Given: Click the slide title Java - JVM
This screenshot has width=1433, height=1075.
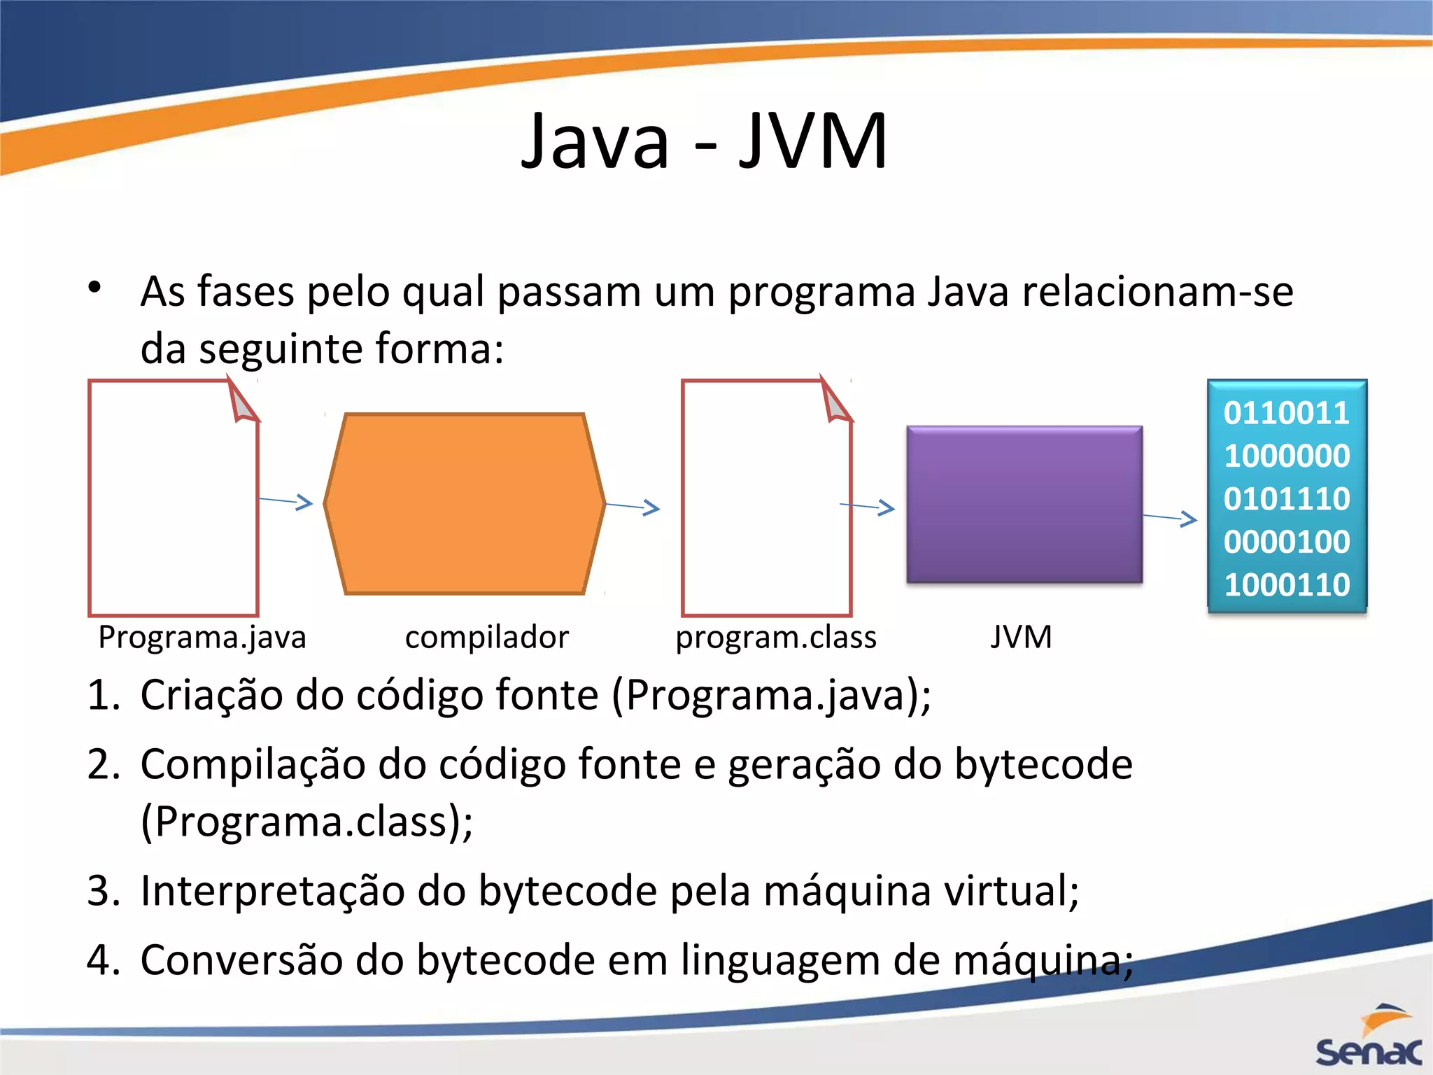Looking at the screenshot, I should pos(704,141).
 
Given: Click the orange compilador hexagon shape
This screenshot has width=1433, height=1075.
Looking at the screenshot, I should pos(464,504).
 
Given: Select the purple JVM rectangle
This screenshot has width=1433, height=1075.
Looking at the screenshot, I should pos(1024,504).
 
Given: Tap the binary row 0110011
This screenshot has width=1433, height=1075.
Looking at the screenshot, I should pos(1286,413).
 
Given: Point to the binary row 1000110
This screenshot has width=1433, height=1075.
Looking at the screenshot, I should pos(1286,584).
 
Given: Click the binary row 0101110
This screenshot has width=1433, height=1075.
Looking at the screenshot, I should pos(1286,499).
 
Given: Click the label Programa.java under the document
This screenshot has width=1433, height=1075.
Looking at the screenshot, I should pos(202,638).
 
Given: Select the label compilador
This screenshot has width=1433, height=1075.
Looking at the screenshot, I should pos(487,638).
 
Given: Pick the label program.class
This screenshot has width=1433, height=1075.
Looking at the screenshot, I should pos(775,638).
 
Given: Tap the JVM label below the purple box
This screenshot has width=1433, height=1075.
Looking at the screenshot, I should pos(1021,638).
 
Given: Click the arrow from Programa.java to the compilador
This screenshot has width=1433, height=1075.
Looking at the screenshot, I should pos(285,501).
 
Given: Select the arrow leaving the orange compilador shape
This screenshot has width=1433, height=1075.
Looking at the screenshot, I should pos(633,506).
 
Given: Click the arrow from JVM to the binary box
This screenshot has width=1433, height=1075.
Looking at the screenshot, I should pos(1170,518).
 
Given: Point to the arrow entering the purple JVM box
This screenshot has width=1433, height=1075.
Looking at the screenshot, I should pos(868,506).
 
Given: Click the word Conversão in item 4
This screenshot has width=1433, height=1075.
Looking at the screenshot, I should pos(242,960).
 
